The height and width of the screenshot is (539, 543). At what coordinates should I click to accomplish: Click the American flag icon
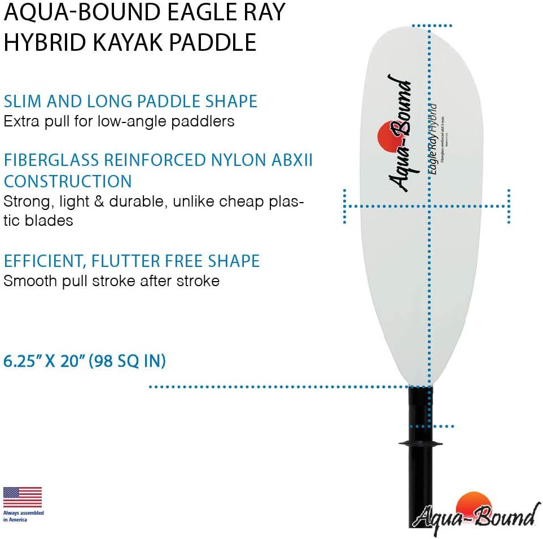click(x=23, y=497)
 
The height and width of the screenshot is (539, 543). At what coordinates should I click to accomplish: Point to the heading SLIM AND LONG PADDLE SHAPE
click(x=130, y=102)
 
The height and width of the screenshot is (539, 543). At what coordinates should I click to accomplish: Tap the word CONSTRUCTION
click(x=68, y=182)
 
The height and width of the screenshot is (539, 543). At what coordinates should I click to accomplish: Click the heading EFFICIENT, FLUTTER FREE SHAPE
click(x=132, y=261)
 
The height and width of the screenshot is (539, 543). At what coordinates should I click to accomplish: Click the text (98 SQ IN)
click(x=127, y=361)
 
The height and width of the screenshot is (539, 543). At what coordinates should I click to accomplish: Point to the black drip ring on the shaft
click(x=421, y=444)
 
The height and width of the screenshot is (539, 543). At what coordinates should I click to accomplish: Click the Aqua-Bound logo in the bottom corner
click(x=476, y=512)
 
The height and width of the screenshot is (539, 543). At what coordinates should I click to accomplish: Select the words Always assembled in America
click(x=23, y=516)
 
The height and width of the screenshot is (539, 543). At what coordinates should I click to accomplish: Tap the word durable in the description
click(x=139, y=201)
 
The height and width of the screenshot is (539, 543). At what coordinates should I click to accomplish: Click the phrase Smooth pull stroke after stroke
click(x=111, y=281)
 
